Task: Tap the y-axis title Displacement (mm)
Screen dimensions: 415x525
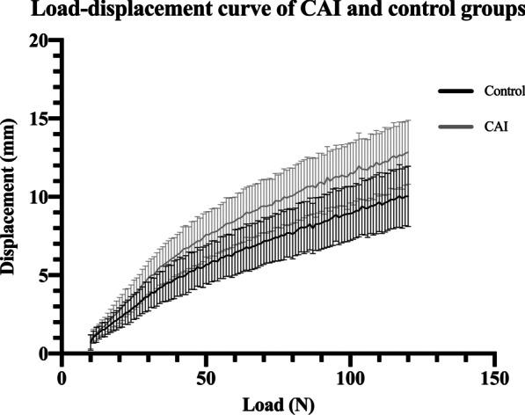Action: (x=11, y=196)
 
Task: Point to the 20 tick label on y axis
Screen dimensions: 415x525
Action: (x=39, y=40)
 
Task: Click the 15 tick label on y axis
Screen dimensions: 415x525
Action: (x=39, y=119)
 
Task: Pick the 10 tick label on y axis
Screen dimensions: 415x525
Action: (x=39, y=197)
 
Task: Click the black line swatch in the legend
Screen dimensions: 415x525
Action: (x=455, y=91)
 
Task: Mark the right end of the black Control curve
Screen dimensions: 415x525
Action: (x=408, y=195)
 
